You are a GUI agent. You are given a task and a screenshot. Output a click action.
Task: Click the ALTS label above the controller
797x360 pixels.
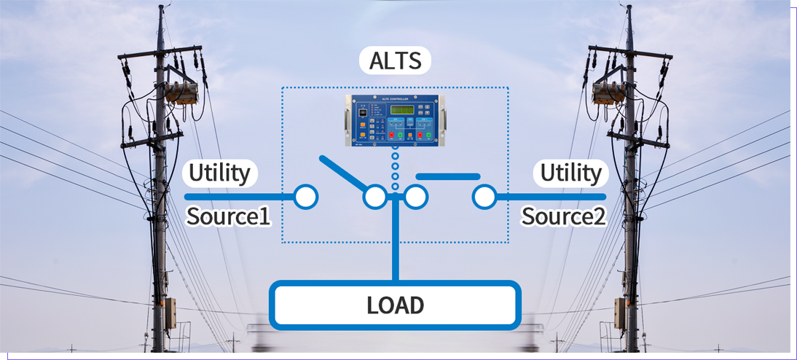(x=395, y=60)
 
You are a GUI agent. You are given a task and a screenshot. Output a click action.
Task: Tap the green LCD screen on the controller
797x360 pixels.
(x=397, y=110)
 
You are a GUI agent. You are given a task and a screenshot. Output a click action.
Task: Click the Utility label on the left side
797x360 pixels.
(x=219, y=173)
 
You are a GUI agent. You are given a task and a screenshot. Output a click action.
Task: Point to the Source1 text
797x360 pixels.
(x=229, y=216)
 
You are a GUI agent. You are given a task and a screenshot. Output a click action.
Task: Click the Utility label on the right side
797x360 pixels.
(x=571, y=173)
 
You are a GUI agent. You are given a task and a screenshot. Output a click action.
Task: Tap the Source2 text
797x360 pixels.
(x=563, y=216)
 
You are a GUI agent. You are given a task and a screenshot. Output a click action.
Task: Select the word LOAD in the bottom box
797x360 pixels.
(x=395, y=305)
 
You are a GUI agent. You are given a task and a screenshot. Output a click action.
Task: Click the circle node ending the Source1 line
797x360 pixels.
(x=306, y=197)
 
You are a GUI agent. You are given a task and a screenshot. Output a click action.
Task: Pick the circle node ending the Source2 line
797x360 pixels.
(x=484, y=197)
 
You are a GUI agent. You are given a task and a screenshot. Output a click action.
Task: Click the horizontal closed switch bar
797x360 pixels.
(x=447, y=176)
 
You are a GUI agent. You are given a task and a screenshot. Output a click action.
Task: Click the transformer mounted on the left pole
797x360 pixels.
(x=180, y=91)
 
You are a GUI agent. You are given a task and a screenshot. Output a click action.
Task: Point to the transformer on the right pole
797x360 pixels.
(x=610, y=92)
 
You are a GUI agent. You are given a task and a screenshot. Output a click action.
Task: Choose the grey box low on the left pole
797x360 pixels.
(x=169, y=313)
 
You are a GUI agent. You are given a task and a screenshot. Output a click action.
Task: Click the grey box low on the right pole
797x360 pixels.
(x=621, y=313)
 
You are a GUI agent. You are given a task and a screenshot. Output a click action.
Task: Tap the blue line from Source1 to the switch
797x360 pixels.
(x=240, y=197)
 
